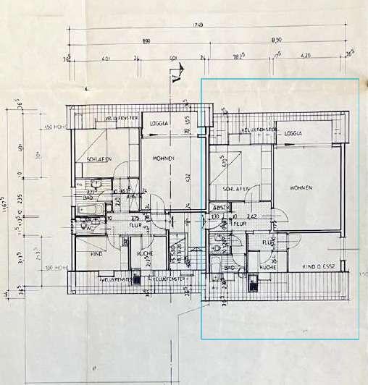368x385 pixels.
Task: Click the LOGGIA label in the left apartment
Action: point(159,123)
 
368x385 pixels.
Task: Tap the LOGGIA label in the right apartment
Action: point(293,133)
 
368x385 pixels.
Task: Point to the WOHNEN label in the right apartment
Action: point(301,188)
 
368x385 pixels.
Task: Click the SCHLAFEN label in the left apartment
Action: point(99,159)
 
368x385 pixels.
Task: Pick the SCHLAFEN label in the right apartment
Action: point(237,189)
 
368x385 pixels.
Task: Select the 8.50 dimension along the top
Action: point(277,41)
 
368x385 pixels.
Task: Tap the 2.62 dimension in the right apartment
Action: point(252,216)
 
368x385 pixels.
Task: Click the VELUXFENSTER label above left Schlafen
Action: point(121,118)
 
